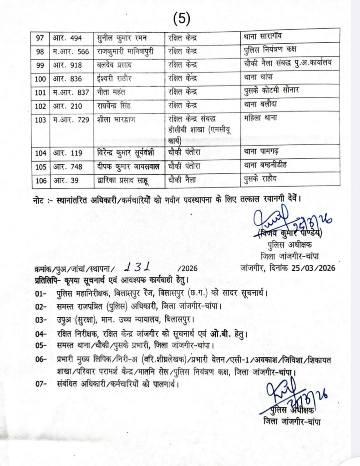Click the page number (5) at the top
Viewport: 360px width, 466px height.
[182, 18]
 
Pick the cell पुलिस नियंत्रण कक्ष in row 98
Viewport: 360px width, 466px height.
[270, 50]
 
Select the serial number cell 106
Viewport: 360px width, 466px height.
[41, 181]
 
